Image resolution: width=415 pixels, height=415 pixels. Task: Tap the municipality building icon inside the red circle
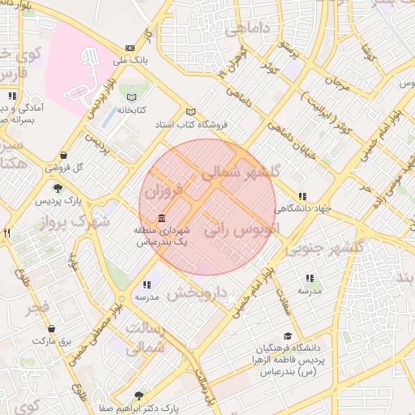[x=161, y=219]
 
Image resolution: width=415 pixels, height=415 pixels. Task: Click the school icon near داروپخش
[x=146, y=285]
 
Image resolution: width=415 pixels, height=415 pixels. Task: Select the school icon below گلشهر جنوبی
[x=309, y=278]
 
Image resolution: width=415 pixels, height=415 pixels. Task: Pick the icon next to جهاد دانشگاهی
[x=302, y=196]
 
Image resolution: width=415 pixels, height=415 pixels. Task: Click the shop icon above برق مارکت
[x=51, y=329]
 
